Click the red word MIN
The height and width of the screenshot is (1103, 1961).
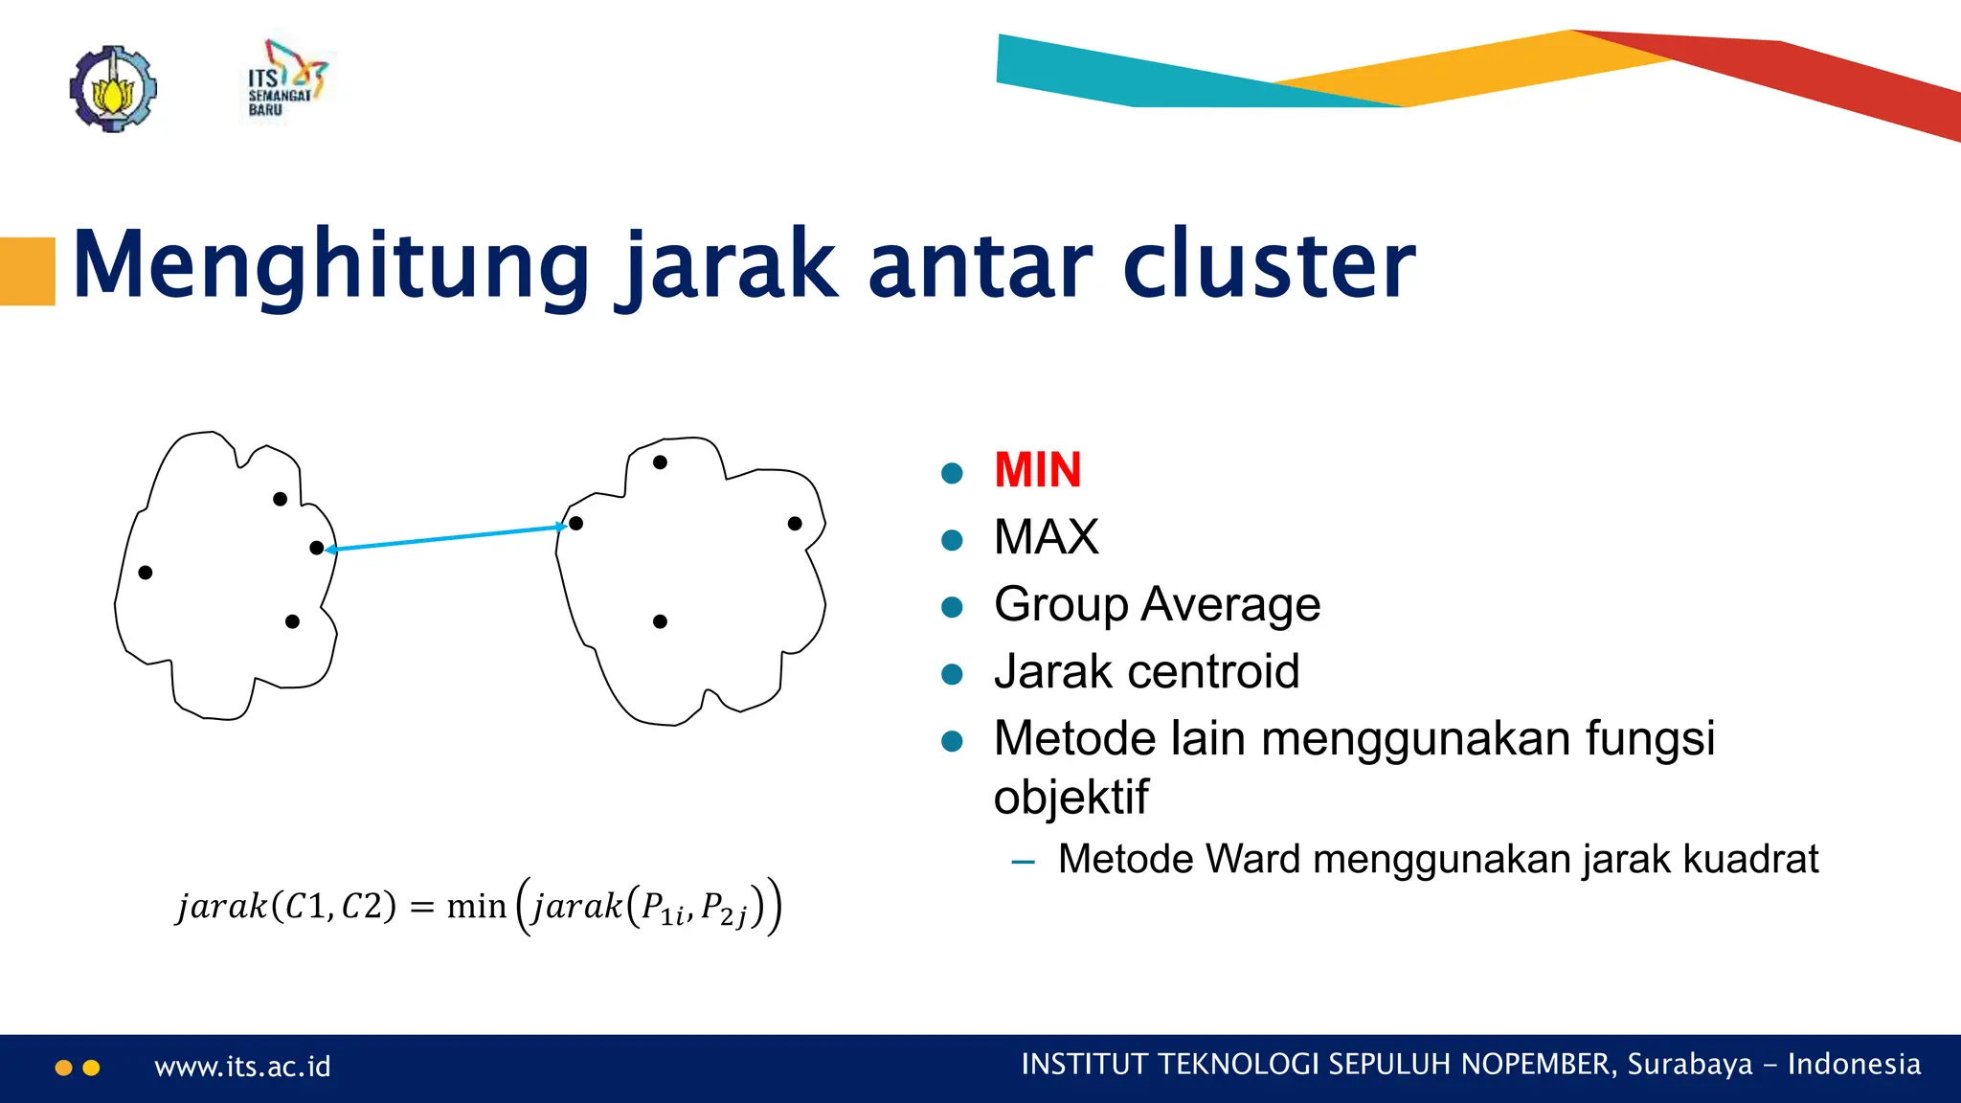(x=1037, y=470)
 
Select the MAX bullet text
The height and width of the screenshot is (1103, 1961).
(x=1046, y=537)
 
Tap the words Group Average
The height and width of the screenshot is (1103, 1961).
(x=1157, y=604)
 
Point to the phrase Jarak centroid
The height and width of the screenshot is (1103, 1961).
(x=1146, y=671)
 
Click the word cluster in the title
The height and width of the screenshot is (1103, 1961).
(x=1269, y=265)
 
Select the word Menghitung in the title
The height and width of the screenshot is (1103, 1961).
(x=330, y=265)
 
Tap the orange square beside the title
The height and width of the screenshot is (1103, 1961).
(x=27, y=271)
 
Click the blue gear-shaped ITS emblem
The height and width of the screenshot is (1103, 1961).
(x=113, y=89)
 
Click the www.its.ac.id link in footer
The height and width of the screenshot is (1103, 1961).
(x=242, y=1067)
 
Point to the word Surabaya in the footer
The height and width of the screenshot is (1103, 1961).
(x=1689, y=1065)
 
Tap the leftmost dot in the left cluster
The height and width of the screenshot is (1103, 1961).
(x=146, y=573)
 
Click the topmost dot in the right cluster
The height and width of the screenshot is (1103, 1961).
(x=660, y=462)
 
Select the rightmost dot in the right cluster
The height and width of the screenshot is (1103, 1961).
(x=795, y=523)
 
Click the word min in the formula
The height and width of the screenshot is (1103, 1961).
(x=476, y=906)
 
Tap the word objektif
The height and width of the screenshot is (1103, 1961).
(x=1070, y=798)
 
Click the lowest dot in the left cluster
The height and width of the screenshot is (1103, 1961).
(x=292, y=621)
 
